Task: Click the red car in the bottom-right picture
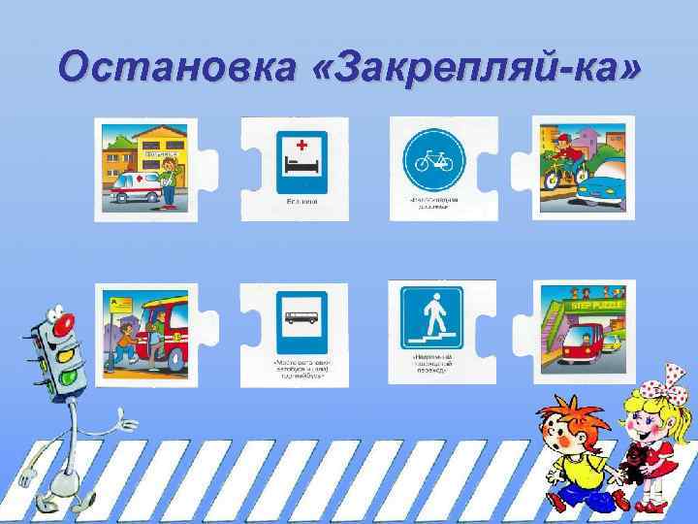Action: pos(576,344)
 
